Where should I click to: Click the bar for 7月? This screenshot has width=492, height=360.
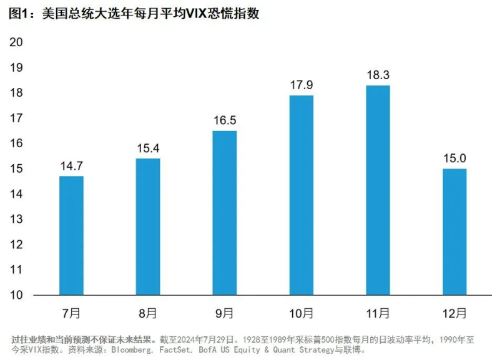coord(71,235)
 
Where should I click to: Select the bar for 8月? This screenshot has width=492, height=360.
coord(148,226)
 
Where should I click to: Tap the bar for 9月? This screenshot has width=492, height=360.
coord(224,213)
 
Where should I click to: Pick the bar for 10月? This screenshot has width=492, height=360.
coord(301,195)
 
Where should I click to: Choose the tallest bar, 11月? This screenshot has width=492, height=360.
coord(378,190)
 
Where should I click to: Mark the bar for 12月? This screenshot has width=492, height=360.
coord(455,231)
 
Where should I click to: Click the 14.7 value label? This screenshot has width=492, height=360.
coord(71,167)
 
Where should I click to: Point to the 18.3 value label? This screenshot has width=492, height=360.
coord(378,75)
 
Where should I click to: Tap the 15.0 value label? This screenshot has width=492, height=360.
coord(455,159)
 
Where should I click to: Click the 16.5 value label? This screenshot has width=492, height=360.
coord(224,121)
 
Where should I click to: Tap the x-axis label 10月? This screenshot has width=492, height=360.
coord(301,312)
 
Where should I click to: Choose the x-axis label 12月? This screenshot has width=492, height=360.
coord(455,312)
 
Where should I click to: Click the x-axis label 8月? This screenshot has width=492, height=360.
coord(148,312)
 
